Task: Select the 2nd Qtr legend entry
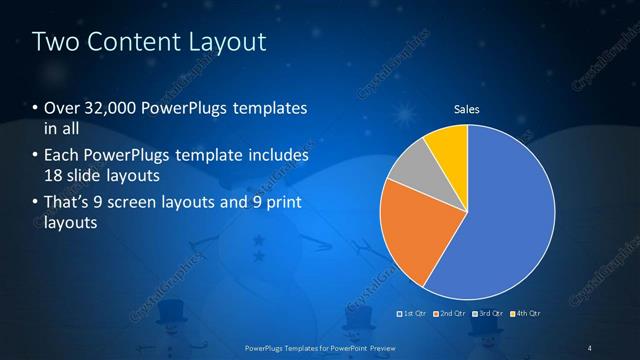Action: [x=452, y=313]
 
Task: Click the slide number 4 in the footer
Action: [x=590, y=348]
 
